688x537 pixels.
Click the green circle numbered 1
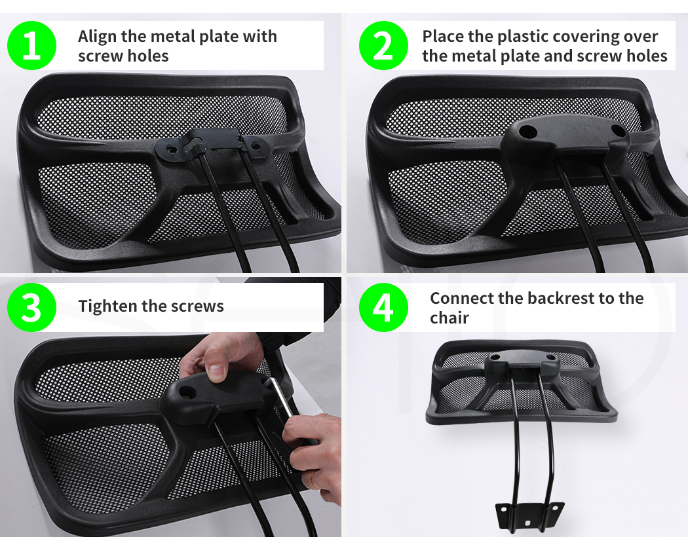31,45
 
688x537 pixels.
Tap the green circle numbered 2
383,45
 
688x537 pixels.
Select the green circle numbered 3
31,307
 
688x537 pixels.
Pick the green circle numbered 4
383,307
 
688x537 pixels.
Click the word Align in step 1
98,37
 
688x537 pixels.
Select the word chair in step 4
449,318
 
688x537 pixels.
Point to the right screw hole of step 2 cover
618,130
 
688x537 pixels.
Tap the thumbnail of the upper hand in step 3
216,372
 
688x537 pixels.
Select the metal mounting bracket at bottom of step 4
529,515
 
